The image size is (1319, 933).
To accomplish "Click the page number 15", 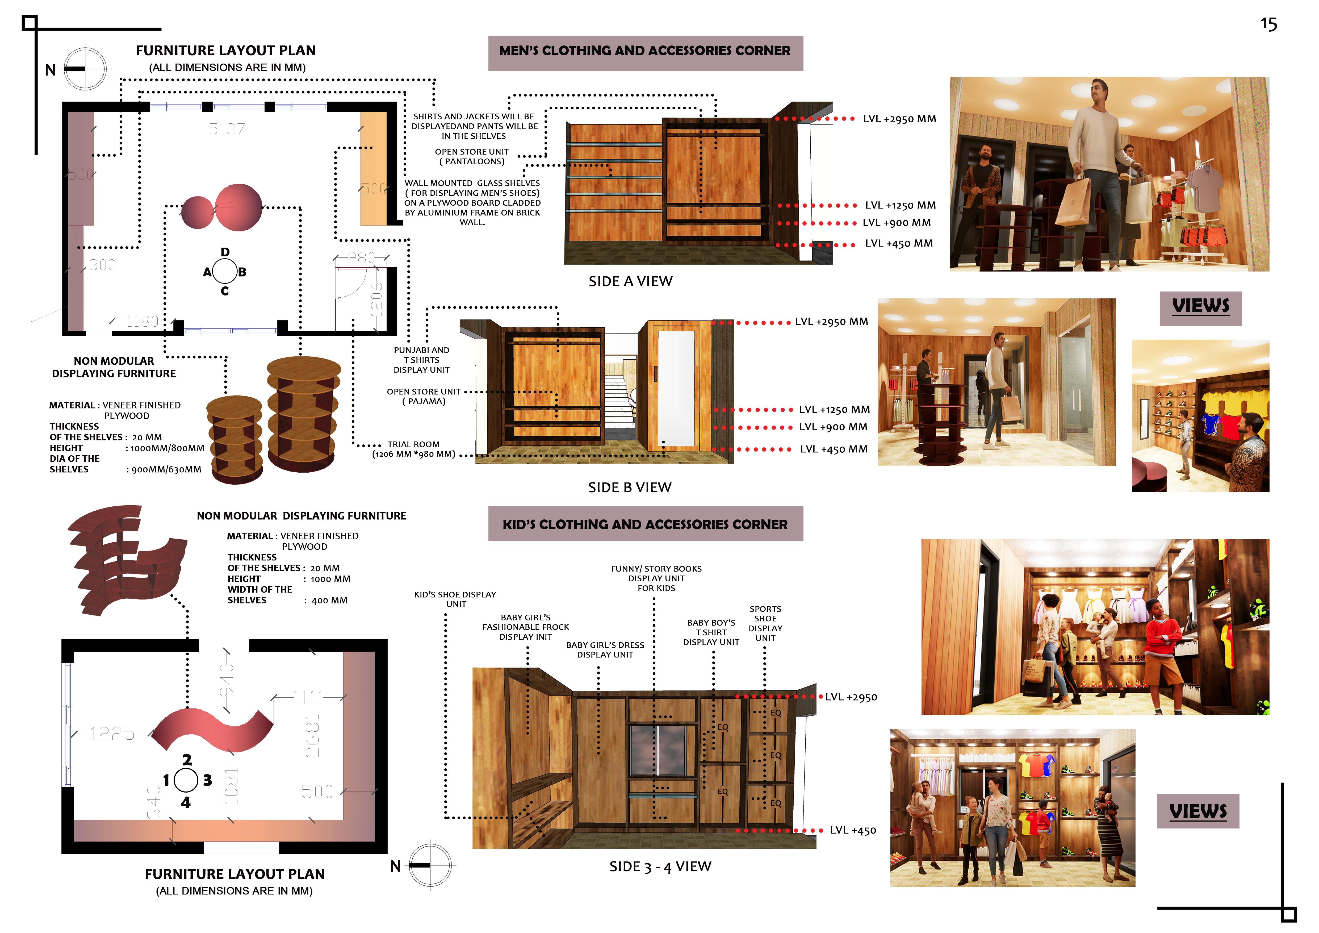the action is [1268, 24].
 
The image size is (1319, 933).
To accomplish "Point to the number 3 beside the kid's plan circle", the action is [207, 780].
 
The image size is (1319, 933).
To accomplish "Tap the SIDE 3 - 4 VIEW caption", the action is [660, 866].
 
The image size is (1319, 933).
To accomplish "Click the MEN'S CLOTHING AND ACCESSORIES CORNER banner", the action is [645, 51].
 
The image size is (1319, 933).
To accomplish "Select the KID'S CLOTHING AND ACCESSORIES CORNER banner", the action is [645, 524].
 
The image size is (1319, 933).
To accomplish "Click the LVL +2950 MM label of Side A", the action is [899, 119].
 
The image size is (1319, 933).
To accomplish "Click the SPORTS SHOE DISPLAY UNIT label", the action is [765, 623].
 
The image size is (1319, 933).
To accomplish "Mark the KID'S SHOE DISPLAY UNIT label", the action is [455, 599].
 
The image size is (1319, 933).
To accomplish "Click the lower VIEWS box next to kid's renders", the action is [1198, 811].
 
